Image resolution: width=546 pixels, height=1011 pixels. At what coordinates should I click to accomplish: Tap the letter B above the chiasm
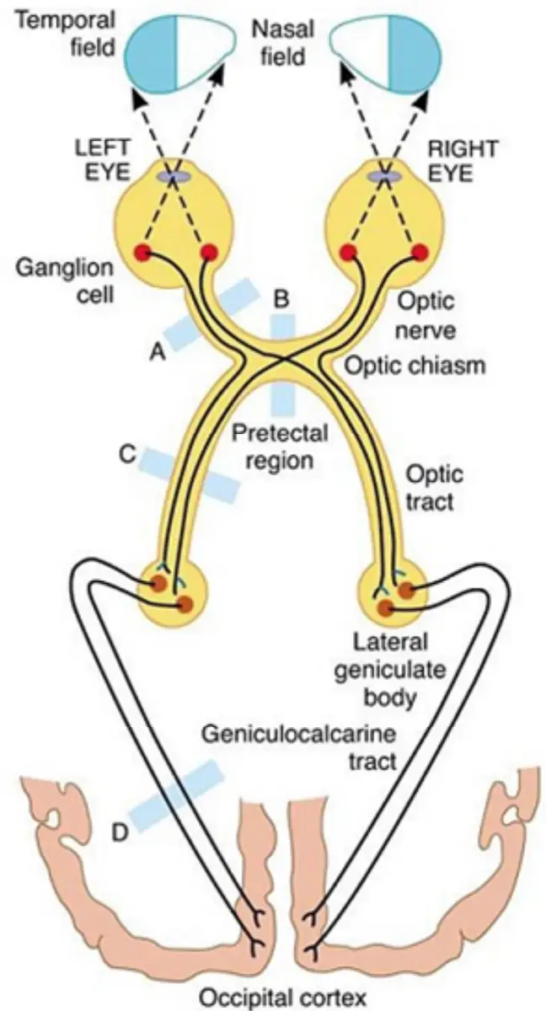[x=281, y=299]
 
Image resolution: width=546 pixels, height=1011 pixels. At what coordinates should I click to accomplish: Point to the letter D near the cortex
[x=119, y=832]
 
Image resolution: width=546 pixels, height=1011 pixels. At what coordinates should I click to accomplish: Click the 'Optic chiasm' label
[x=415, y=365]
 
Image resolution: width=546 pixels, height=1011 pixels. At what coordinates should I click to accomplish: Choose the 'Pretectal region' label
[x=279, y=447]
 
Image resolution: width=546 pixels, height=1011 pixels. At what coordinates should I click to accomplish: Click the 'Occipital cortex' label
[x=283, y=997]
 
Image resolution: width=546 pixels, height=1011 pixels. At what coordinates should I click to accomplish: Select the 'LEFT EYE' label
[x=103, y=160]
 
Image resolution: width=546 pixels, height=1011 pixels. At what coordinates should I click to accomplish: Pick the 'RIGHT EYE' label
[x=462, y=161]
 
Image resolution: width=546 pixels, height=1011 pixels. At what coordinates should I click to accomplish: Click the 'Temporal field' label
[x=67, y=34]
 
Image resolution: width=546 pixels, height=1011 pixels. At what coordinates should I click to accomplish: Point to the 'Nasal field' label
[x=283, y=43]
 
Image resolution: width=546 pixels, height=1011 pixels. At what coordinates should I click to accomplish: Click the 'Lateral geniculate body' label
[x=389, y=669]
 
